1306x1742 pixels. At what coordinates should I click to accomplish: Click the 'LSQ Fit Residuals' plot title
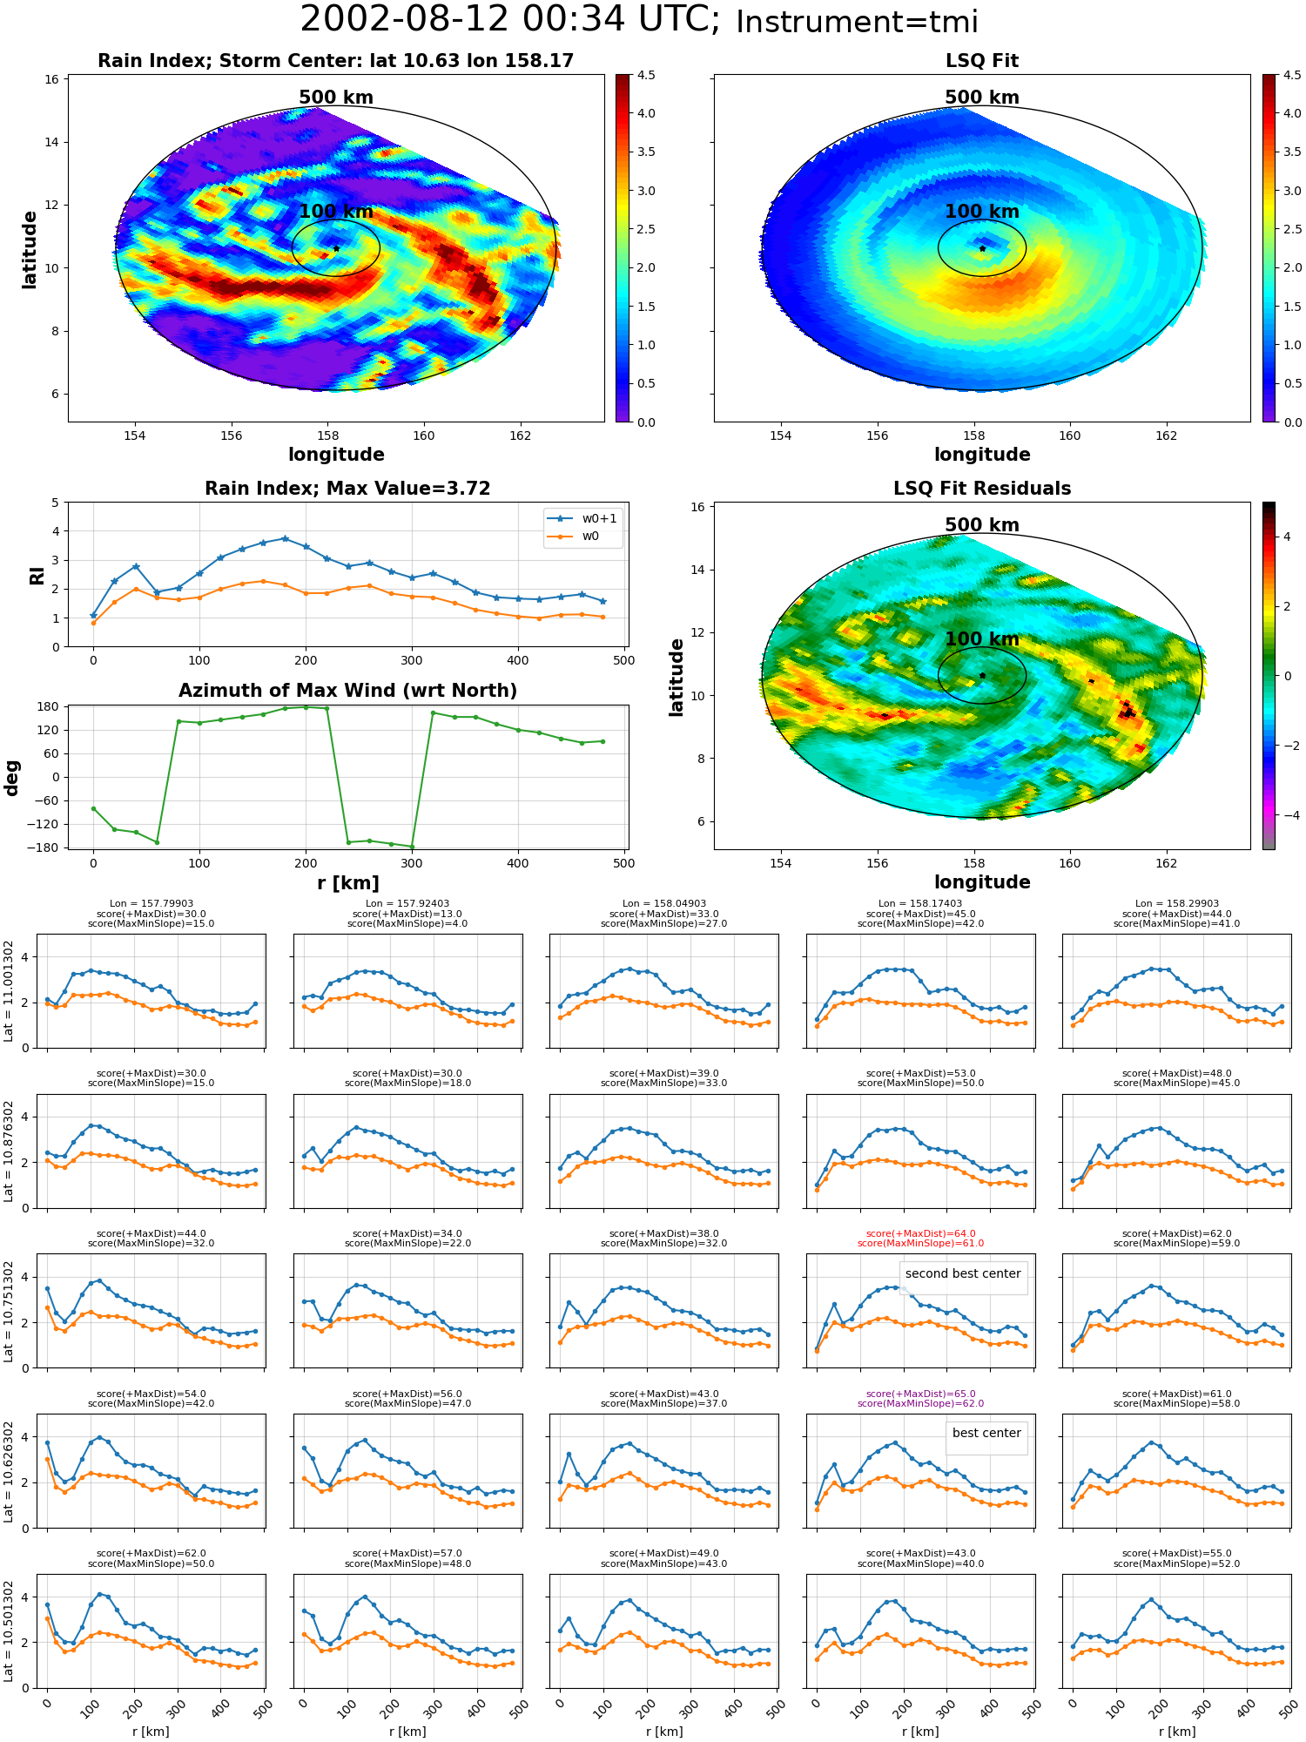(982, 489)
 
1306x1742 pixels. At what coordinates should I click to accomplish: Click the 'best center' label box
(986, 1434)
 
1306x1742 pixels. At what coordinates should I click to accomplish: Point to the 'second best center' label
(963, 1273)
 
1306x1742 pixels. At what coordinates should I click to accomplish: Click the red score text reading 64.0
(920, 1233)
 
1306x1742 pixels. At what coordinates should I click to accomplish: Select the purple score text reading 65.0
(920, 1394)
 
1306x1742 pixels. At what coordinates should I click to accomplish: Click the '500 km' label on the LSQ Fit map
(982, 98)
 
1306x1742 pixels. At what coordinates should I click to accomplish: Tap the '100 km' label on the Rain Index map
(336, 212)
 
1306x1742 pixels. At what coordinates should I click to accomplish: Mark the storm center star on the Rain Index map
(336, 248)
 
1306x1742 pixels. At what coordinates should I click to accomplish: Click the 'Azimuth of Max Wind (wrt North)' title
(347, 691)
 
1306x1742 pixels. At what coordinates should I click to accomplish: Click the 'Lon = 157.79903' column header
(151, 903)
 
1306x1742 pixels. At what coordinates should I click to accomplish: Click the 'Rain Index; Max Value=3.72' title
(347, 489)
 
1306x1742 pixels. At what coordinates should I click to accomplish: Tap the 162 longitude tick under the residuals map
(1166, 863)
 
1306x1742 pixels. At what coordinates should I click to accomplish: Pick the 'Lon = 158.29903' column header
(1177, 903)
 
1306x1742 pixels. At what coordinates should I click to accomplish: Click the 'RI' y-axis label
(37, 575)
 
